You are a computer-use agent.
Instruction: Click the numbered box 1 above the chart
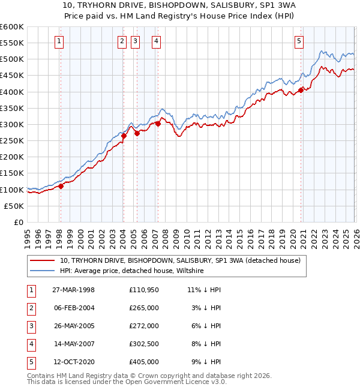(60, 41)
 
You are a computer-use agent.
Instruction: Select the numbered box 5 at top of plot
(299, 41)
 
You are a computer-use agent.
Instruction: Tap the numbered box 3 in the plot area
(136, 41)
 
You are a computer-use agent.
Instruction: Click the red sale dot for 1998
(61, 186)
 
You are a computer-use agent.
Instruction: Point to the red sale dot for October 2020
(301, 91)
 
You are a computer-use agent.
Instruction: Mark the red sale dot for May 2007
(158, 124)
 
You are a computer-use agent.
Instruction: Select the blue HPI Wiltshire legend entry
(132, 271)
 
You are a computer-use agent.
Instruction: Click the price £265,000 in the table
(143, 308)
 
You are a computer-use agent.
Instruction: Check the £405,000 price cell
(143, 362)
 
